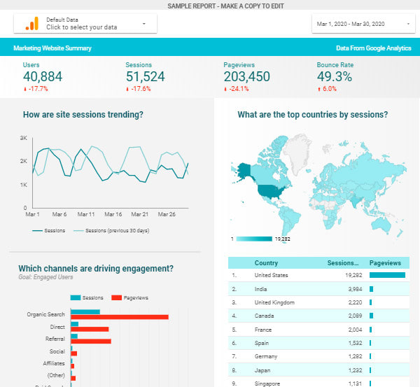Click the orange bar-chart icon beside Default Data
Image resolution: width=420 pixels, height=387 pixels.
[x=31, y=24]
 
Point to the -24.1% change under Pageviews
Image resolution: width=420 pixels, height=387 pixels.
[x=236, y=90]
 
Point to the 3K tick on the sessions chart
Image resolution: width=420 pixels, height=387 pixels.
[x=23, y=138]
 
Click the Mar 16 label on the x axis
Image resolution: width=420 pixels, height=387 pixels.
[x=113, y=214]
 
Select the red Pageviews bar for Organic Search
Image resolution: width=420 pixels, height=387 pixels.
[x=120, y=317]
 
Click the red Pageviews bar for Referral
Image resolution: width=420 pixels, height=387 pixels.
[x=91, y=342]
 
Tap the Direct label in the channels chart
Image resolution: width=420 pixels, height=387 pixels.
[x=57, y=326]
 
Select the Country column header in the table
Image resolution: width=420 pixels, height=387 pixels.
[x=266, y=263]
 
